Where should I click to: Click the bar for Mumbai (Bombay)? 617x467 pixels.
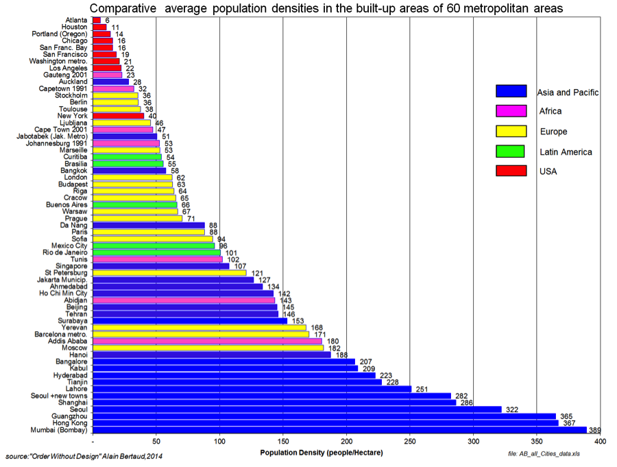[x=339, y=430]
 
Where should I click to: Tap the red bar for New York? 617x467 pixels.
[x=118, y=116]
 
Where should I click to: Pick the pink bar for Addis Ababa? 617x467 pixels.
[x=207, y=341]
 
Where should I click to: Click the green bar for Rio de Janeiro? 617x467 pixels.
[x=156, y=252]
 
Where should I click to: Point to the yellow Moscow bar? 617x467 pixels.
[x=208, y=348]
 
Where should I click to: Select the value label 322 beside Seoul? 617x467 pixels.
[x=511, y=409]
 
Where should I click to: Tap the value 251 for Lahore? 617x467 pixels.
[x=421, y=389]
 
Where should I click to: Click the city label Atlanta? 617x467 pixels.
[x=76, y=21]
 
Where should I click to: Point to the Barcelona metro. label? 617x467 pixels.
[x=61, y=334]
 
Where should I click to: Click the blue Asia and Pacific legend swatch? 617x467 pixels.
[x=511, y=91]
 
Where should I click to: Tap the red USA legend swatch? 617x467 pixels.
[x=511, y=171]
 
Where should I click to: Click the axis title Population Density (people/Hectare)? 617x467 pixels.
[x=321, y=453]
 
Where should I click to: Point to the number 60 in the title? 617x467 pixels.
[x=448, y=9]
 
